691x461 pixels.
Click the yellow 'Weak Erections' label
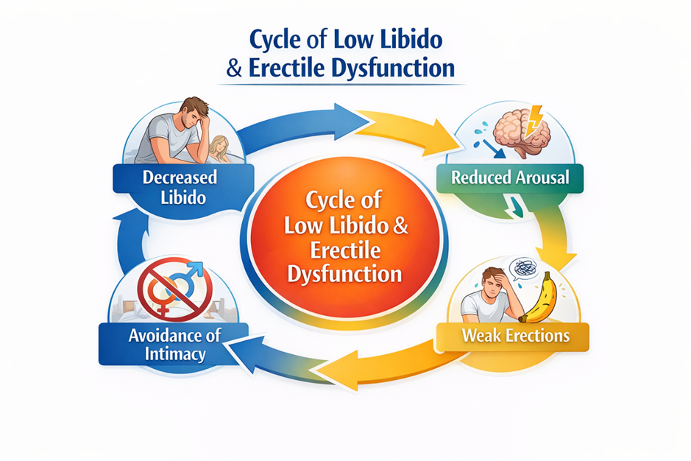coord(515,336)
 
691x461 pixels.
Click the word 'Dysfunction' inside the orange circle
coord(345,275)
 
